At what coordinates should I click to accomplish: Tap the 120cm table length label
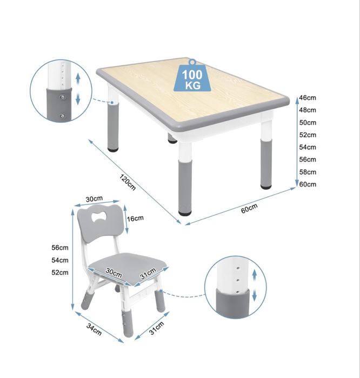pyautogui.click(x=128, y=182)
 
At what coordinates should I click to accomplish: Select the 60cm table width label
pyautogui.click(x=249, y=208)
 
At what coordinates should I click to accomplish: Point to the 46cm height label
pyautogui.click(x=308, y=98)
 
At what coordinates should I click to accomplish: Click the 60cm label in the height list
pyautogui.click(x=308, y=184)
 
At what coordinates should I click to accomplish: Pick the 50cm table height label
pyautogui.click(x=308, y=122)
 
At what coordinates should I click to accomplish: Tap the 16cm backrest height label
pyautogui.click(x=135, y=218)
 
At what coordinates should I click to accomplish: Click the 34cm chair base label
pyautogui.click(x=94, y=329)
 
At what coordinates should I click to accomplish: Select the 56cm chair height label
pyautogui.click(x=60, y=248)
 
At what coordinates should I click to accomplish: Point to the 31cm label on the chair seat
pyautogui.click(x=148, y=274)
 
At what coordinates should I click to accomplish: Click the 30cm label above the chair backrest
pyautogui.click(x=94, y=199)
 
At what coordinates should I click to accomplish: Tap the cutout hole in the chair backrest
pyautogui.click(x=99, y=216)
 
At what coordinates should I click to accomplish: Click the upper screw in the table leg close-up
pyautogui.click(x=63, y=97)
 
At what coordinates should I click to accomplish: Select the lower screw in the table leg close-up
pyautogui.click(x=63, y=116)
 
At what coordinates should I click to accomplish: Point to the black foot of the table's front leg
pyautogui.click(x=185, y=213)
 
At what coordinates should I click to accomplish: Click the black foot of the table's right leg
pyautogui.click(x=266, y=187)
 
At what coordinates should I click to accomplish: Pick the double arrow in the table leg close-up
pyautogui.click(x=78, y=89)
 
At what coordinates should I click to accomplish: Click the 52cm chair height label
pyautogui.click(x=60, y=273)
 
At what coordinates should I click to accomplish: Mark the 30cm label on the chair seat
pyautogui.click(x=114, y=273)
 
